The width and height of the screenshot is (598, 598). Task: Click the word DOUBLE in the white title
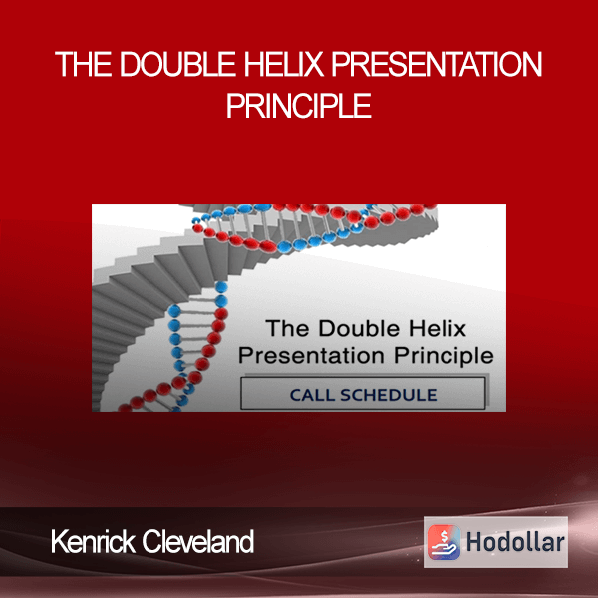(x=177, y=64)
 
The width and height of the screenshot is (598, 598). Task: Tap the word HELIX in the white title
(x=284, y=64)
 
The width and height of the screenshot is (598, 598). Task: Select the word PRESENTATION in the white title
(x=437, y=64)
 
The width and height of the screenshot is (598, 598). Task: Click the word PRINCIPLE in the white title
(x=299, y=106)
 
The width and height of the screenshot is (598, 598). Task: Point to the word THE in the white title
(x=84, y=64)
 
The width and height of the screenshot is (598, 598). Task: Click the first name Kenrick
(x=93, y=541)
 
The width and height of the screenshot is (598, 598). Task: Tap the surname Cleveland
(x=198, y=541)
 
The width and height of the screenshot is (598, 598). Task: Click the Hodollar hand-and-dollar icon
(x=444, y=542)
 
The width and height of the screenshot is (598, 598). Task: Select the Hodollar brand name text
(x=515, y=543)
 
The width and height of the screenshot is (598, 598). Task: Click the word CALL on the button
(x=312, y=395)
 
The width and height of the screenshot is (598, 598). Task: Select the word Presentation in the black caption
(x=311, y=356)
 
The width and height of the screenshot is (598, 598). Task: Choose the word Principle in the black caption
(x=444, y=357)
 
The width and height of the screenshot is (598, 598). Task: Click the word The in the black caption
(x=288, y=329)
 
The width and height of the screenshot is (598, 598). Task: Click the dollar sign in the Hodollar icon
(x=444, y=536)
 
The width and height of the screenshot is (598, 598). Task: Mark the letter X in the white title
(x=314, y=64)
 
